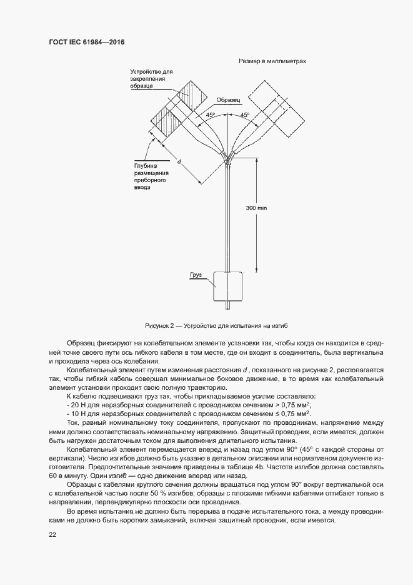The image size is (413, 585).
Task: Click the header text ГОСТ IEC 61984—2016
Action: (x=86, y=42)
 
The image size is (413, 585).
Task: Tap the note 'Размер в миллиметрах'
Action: (x=271, y=61)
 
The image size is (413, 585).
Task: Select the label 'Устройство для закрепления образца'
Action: (x=146, y=78)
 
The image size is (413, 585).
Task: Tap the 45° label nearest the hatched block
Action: (x=211, y=115)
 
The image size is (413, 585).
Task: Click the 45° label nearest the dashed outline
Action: (x=244, y=115)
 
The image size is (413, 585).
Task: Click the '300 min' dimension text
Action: (x=256, y=208)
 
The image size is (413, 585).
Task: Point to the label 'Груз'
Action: (x=197, y=275)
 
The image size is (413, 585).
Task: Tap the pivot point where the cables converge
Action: (x=228, y=157)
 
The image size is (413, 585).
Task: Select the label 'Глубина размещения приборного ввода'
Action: (x=151, y=176)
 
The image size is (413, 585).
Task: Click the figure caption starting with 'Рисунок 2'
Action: (x=216, y=326)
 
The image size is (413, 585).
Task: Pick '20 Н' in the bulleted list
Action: (x=77, y=405)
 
